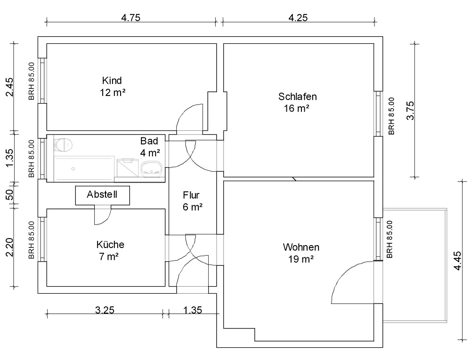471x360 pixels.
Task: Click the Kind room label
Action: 112,80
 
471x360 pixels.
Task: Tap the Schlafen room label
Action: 297,96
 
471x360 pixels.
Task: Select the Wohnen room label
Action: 301,247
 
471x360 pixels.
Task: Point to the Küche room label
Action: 110,245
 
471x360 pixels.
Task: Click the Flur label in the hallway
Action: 191,195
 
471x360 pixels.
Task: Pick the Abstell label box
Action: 102,195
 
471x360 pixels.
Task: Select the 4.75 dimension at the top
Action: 130,18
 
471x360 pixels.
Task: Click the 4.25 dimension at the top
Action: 298,18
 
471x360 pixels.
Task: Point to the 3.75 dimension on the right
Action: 410,111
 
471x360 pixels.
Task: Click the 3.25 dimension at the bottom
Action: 105,310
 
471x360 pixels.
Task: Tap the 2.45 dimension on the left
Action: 9,87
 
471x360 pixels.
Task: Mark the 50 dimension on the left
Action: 9,194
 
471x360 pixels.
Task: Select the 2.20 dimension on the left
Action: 9,247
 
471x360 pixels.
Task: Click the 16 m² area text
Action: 296,108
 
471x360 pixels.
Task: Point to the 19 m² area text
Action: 301,259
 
